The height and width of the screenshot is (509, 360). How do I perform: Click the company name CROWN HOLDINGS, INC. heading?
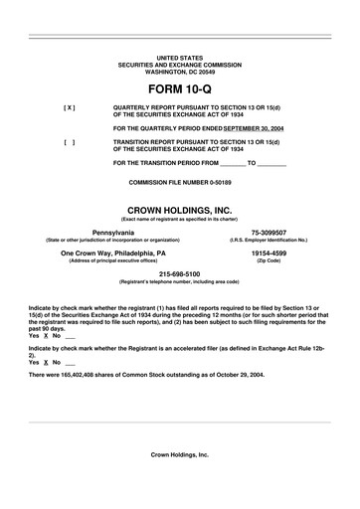click(x=179, y=211)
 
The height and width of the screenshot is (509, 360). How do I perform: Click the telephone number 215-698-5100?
click(x=180, y=274)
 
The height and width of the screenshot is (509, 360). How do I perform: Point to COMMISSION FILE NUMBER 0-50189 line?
click(x=179, y=184)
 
